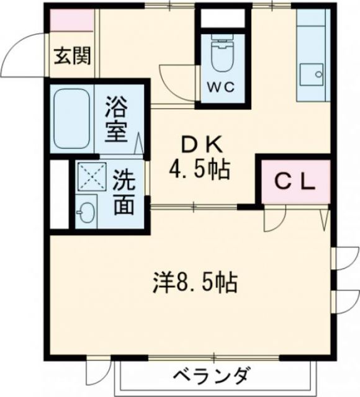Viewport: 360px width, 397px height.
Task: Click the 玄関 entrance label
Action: click(x=73, y=56)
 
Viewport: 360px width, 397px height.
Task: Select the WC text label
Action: click(x=220, y=87)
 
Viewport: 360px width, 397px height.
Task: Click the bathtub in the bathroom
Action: click(x=72, y=119)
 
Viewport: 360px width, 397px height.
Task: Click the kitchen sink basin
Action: click(x=310, y=76)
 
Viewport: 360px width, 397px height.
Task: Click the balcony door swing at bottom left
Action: click(x=97, y=372)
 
